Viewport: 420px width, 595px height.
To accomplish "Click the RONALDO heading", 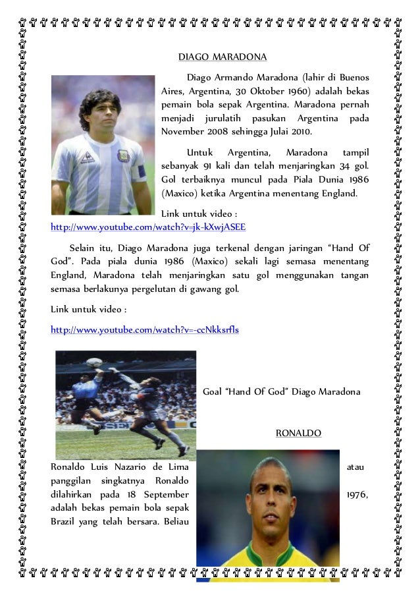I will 298,433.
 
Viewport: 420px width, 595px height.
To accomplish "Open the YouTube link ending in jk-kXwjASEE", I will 149,227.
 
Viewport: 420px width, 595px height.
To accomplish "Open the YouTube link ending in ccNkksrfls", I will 145,329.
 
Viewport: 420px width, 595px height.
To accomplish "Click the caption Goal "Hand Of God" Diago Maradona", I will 281,391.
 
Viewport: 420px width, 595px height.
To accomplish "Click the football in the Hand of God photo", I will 94,362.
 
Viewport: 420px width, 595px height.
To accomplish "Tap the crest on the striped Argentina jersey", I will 123,156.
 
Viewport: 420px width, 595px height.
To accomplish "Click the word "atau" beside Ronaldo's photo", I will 355,467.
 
